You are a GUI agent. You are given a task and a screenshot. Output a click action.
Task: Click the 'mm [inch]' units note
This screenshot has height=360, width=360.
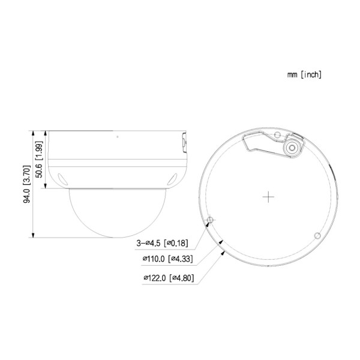click(x=305, y=75)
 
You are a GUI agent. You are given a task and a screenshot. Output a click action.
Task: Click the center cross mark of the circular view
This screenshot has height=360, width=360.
click(x=269, y=197)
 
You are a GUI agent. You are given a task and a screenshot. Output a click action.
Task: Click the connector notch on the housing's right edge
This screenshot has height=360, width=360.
click(x=182, y=142)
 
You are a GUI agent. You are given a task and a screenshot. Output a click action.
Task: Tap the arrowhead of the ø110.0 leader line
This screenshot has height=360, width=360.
click(x=222, y=242)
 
